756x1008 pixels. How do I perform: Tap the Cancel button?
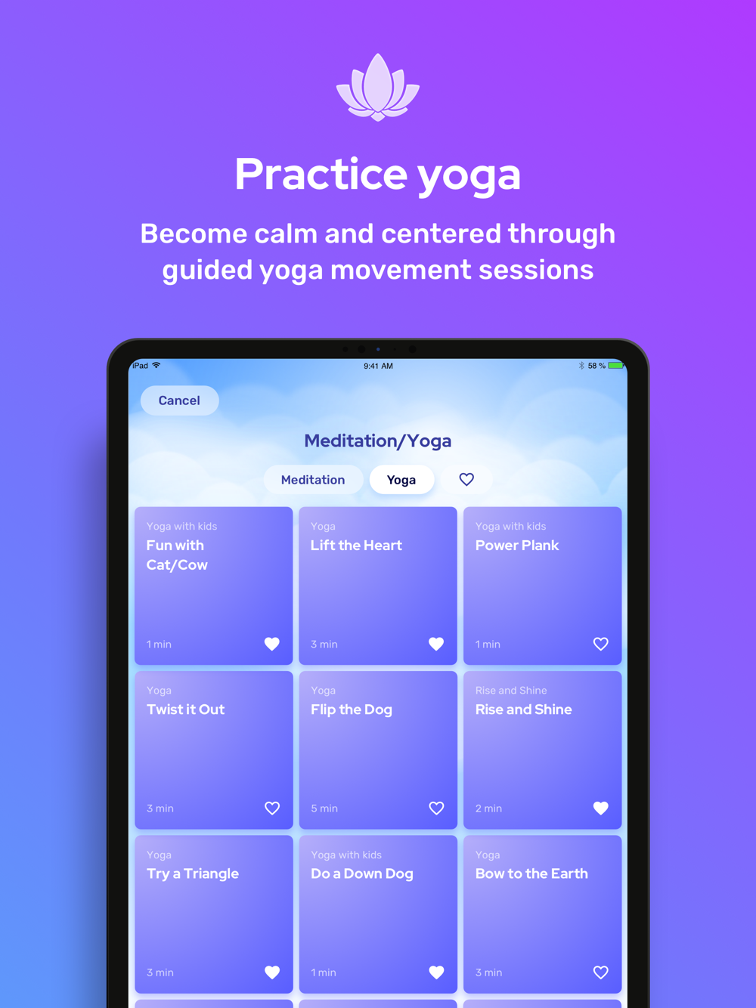(x=180, y=400)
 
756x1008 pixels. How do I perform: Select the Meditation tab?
(x=313, y=480)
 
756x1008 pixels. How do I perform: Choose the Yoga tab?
(x=401, y=480)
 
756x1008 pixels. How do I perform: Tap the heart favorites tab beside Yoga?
(x=466, y=479)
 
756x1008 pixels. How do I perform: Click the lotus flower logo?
(x=378, y=87)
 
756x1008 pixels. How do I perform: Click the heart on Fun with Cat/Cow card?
(x=272, y=644)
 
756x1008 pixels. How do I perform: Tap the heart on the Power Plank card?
(x=601, y=644)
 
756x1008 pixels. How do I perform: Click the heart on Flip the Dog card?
(x=436, y=808)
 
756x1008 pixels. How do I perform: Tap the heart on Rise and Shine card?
(x=601, y=808)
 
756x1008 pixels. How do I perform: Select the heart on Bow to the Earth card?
(x=601, y=972)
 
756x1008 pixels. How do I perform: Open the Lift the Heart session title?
(x=356, y=545)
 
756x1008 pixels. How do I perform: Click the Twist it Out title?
(x=185, y=710)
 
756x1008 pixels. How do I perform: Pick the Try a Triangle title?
(x=193, y=874)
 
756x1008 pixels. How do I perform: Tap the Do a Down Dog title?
(x=362, y=874)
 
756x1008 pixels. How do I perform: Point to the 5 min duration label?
(x=324, y=809)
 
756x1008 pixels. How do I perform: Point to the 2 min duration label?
(x=488, y=809)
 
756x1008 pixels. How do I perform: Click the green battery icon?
(x=616, y=366)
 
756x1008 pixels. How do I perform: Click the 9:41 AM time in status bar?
(x=378, y=366)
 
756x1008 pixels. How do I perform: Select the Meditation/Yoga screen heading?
(x=378, y=441)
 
